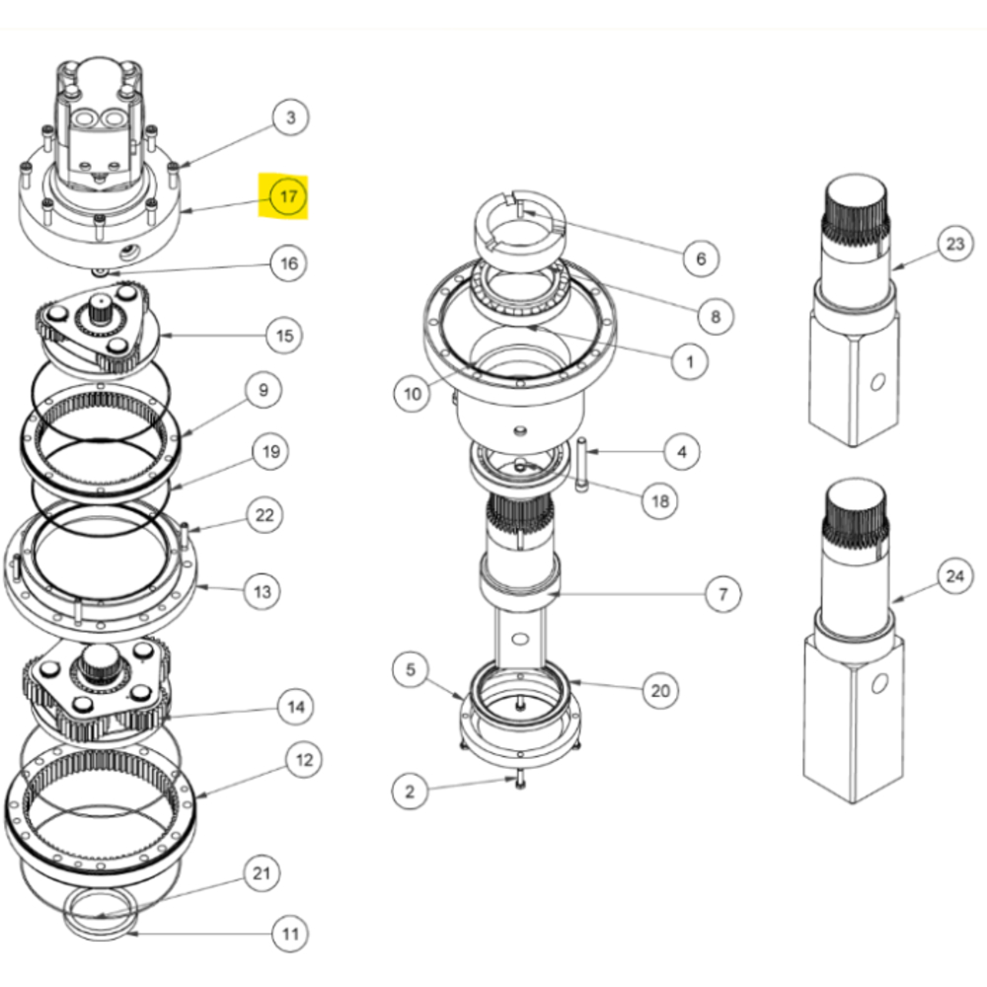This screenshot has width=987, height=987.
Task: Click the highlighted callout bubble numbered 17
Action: pos(287,196)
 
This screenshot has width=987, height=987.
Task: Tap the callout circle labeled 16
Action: pos(288,264)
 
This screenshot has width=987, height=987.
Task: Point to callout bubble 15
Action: pos(284,337)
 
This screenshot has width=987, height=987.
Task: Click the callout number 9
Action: pos(263,391)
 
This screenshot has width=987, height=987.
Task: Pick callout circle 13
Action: pos(262,591)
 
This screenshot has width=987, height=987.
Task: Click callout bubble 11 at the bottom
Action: pos(289,933)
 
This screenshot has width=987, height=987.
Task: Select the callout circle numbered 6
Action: pos(701,259)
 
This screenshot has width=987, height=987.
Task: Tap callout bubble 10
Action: pos(413,394)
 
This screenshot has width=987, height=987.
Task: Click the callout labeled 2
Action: pos(410,791)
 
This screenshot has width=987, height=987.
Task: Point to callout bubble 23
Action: pos(953,244)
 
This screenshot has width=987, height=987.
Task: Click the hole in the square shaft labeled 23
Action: pos(873,383)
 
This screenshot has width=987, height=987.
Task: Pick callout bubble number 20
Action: pos(659,690)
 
